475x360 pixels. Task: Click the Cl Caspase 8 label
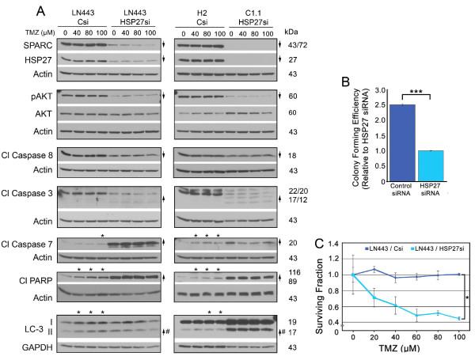[x=27, y=155]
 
